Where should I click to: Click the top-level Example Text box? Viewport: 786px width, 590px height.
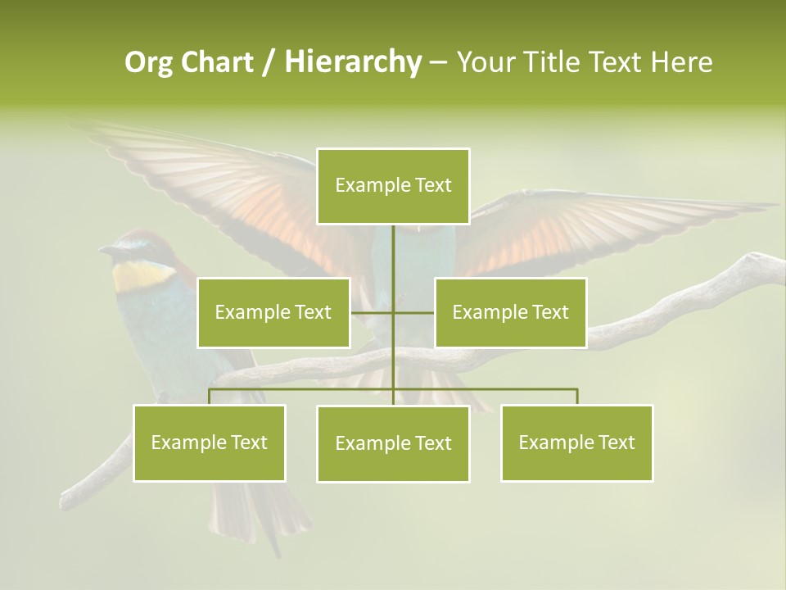pyautogui.click(x=393, y=186)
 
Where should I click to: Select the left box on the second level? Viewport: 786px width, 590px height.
pyautogui.click(x=273, y=312)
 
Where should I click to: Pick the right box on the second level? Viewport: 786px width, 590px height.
pyautogui.click(x=510, y=312)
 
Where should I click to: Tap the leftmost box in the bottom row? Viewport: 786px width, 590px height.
pyautogui.click(x=209, y=442)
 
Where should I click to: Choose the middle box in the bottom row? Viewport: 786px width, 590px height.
pyautogui.click(x=393, y=443)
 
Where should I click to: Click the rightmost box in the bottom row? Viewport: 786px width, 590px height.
pyautogui.click(x=576, y=442)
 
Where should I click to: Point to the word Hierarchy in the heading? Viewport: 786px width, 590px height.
pyautogui.click(x=353, y=62)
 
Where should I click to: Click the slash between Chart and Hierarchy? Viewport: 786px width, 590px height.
pyautogui.click(x=270, y=62)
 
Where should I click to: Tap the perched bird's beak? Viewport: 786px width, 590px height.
pyautogui.click(x=106, y=249)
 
